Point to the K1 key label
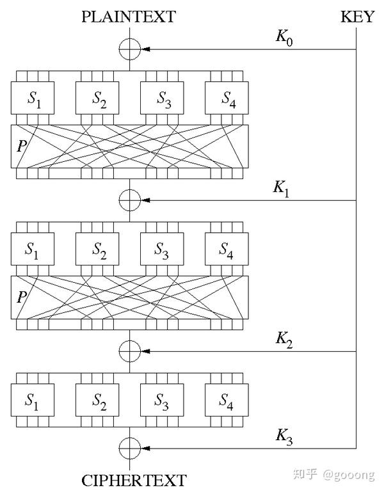[282, 189]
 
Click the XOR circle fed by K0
[129, 49]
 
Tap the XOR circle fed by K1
[129, 200]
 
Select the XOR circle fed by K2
[129, 351]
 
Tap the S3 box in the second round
[162, 251]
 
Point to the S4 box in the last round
[226, 402]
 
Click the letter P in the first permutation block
[22, 146]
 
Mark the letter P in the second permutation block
[22, 298]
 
